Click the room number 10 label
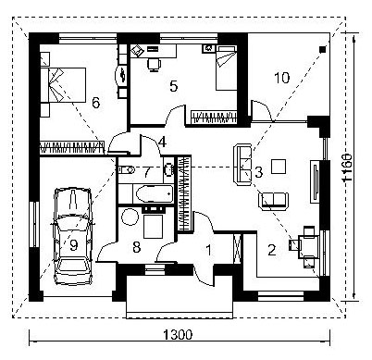coord(282,78)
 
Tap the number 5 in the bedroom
coord(174,86)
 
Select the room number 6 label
coord(96,103)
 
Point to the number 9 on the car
coord(73,245)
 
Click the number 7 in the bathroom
coord(147,172)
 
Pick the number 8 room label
coord(137,247)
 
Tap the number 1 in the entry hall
coord(209,250)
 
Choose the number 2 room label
coord(272,250)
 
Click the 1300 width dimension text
coord(178,334)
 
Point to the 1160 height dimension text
coord(349,168)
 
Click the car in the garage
coord(73,236)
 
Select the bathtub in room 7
coord(154,193)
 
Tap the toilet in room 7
coord(127,169)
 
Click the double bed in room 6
coord(64,85)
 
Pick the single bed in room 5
coord(226,68)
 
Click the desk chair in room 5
coord(154,64)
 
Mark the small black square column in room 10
coord(322,49)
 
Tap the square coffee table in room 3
coord(279,167)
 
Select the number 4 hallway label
coord(163,143)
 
